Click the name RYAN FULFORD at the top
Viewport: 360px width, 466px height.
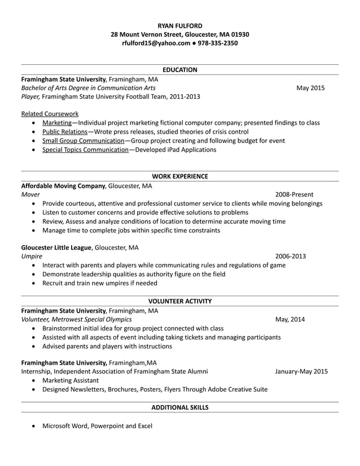click(x=179, y=25)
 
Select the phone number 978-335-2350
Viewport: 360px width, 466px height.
click(x=218, y=43)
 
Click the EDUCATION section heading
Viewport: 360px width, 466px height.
click(x=179, y=70)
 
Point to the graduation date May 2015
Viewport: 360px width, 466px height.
click(x=310, y=88)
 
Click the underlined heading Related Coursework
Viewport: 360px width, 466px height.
click(x=50, y=114)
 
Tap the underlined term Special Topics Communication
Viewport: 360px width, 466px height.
click(x=85, y=150)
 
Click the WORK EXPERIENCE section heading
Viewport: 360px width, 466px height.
click(x=179, y=176)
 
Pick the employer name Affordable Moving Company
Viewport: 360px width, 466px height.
click(x=63, y=186)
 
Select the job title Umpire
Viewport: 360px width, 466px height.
click(x=32, y=256)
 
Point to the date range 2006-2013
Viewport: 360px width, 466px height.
click(x=291, y=256)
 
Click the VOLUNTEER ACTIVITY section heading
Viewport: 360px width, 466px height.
click(x=179, y=301)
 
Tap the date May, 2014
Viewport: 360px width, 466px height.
click(x=290, y=319)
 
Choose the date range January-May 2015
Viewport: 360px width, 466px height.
click(x=301, y=371)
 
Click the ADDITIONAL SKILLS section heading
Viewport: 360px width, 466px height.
click(x=179, y=407)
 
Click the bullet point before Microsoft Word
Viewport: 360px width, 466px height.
click(x=35, y=426)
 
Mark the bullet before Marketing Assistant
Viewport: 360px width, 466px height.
click(x=35, y=380)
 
